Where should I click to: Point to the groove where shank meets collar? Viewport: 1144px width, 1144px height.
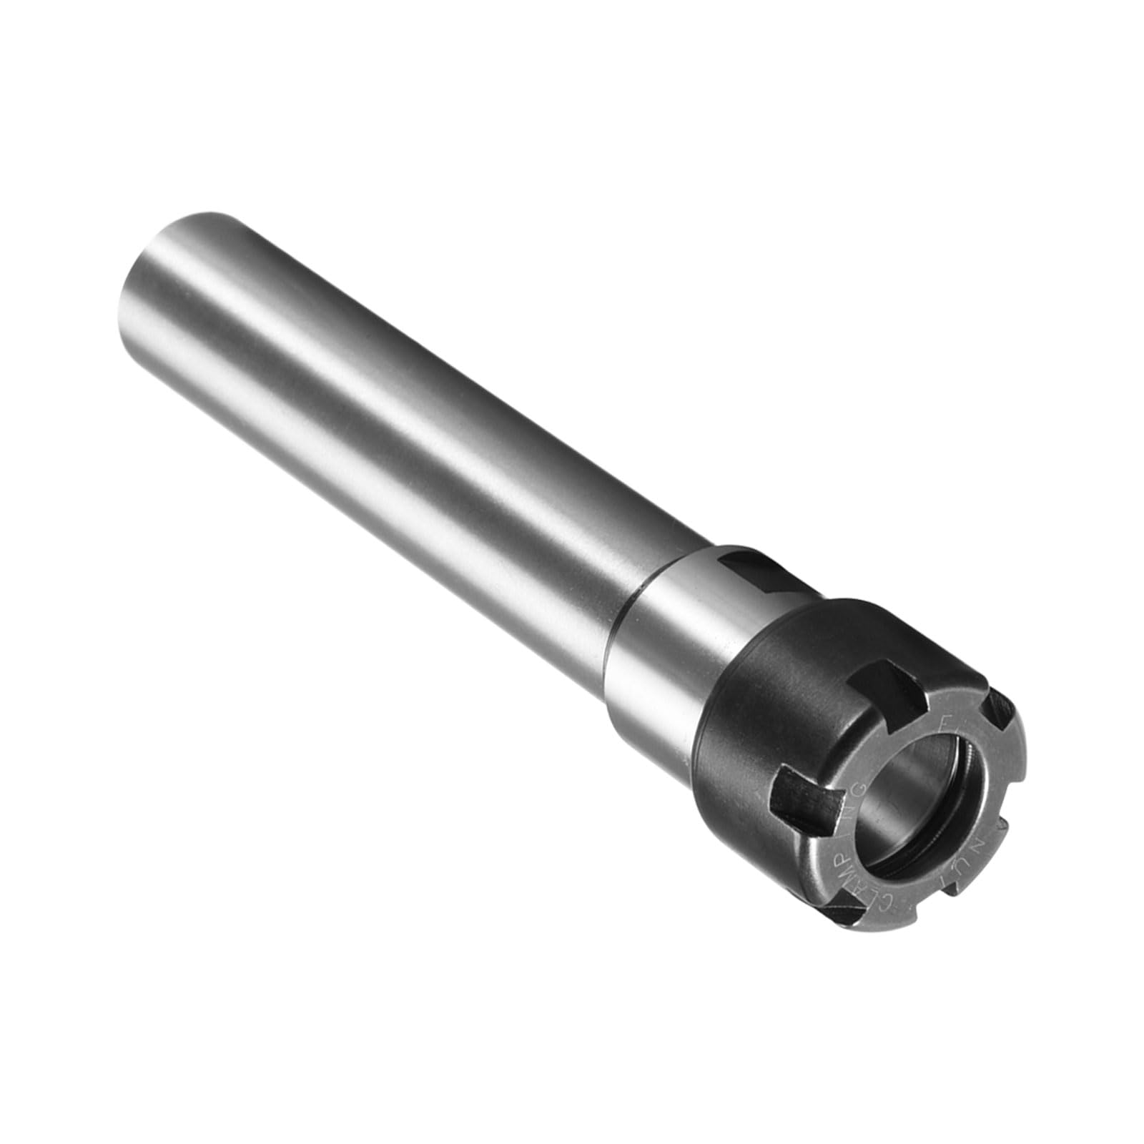tap(635, 608)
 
